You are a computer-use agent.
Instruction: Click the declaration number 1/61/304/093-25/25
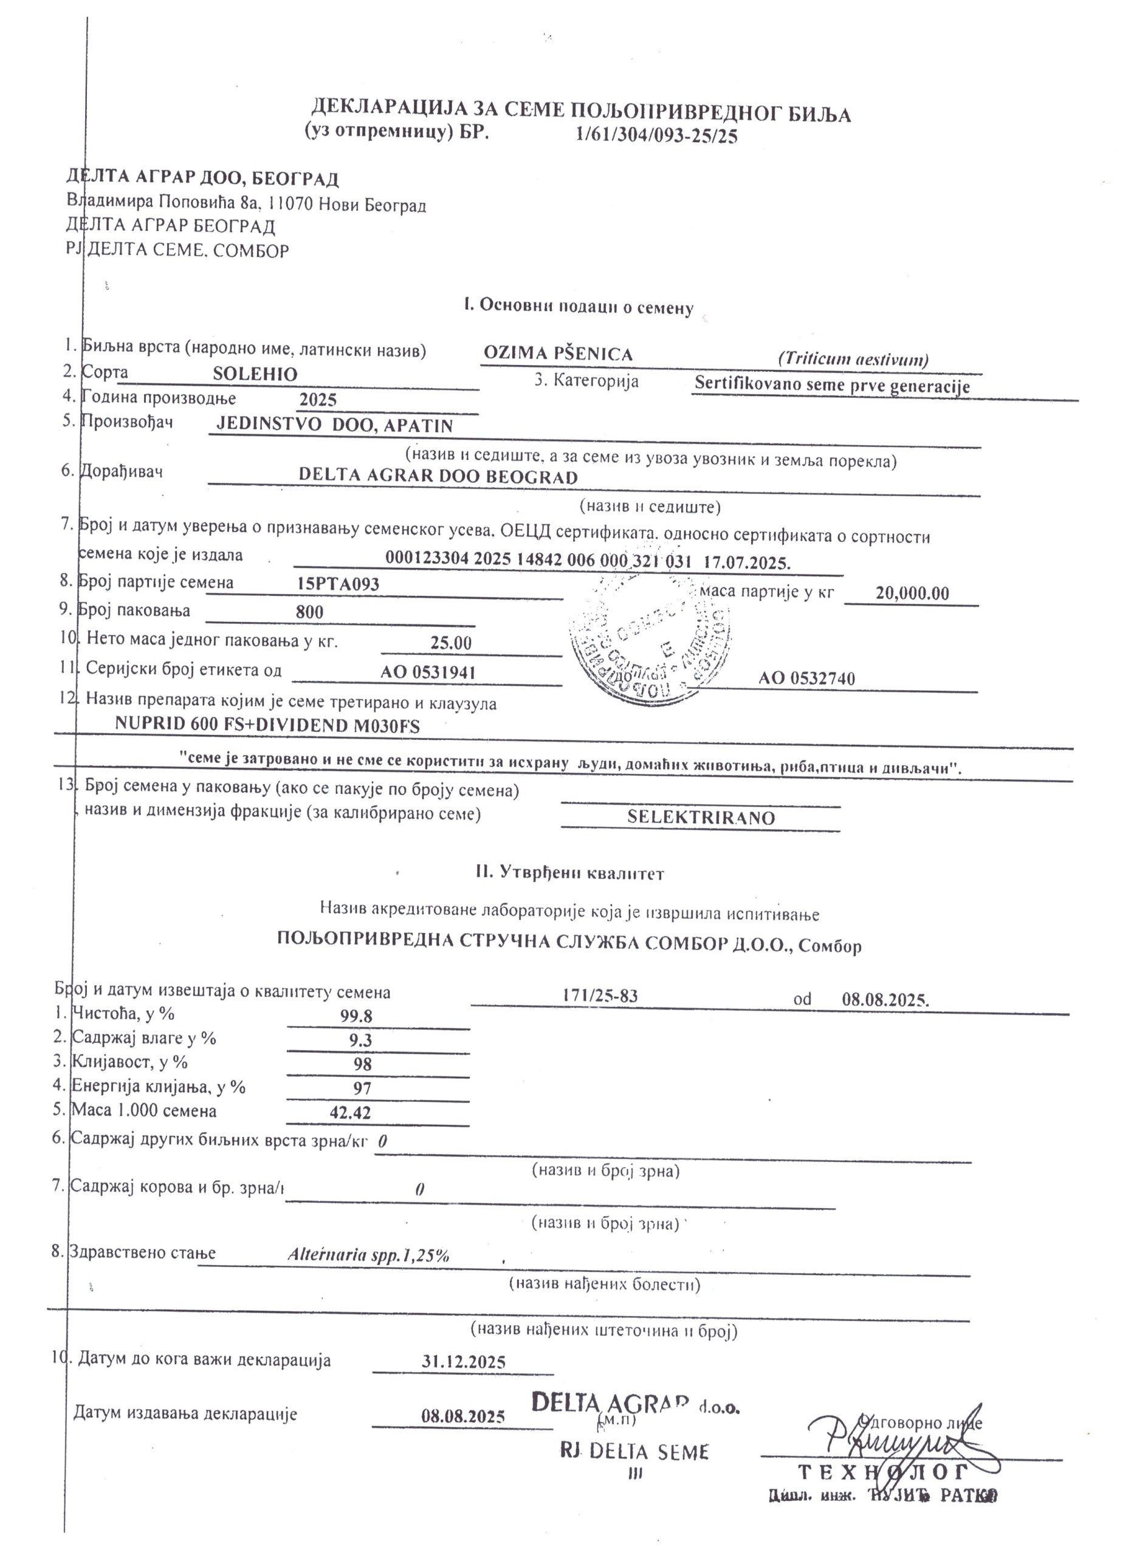click(657, 135)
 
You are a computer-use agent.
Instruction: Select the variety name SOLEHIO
click(255, 374)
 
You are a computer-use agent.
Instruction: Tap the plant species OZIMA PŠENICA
click(558, 354)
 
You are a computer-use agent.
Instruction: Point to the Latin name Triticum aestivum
click(853, 359)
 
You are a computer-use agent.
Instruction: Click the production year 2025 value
click(318, 400)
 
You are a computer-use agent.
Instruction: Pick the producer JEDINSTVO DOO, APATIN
click(335, 425)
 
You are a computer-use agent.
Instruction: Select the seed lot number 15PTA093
click(338, 584)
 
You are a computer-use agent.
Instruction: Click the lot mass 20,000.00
click(912, 593)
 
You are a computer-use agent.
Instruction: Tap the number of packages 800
click(309, 612)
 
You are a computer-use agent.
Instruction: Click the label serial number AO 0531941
click(427, 672)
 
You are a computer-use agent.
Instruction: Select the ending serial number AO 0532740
click(806, 678)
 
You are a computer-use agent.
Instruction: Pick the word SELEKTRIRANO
click(700, 817)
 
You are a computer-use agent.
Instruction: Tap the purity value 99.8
click(356, 1016)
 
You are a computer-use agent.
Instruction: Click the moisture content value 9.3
click(360, 1040)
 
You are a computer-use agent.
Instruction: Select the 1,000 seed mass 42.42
click(350, 1113)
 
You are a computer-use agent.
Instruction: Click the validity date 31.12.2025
click(464, 1362)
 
